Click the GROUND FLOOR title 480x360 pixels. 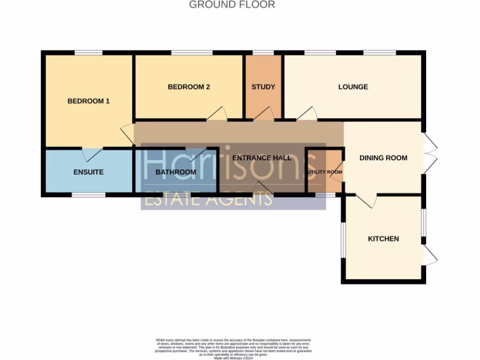click(x=232, y=5)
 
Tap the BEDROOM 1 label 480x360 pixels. click(x=89, y=101)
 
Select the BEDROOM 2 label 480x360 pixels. click(x=189, y=87)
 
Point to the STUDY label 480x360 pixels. click(x=263, y=87)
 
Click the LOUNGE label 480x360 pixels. click(x=353, y=87)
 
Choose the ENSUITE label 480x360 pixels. click(x=89, y=172)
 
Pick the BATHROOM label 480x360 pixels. click(x=176, y=172)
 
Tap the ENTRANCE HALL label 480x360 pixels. click(x=262, y=157)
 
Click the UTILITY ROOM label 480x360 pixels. click(x=324, y=172)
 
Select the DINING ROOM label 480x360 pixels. click(x=383, y=157)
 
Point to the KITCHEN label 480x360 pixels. click(x=383, y=239)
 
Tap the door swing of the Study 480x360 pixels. click(x=265, y=114)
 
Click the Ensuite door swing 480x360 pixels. click(x=92, y=154)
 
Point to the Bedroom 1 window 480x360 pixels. click(x=89, y=52)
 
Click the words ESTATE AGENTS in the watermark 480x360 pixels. click(x=208, y=199)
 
